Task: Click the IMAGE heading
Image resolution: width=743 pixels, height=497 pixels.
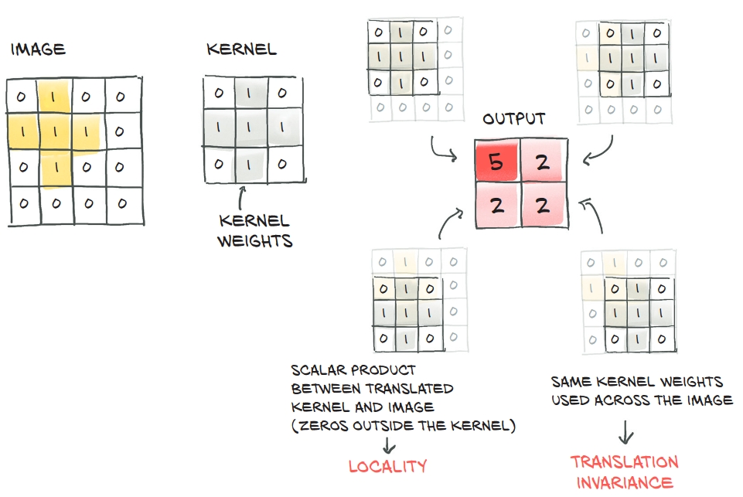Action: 38,50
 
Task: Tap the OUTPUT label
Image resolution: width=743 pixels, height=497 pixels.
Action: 514,119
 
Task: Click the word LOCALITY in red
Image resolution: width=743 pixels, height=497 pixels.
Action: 387,466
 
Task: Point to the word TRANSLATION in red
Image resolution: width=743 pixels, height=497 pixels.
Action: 625,462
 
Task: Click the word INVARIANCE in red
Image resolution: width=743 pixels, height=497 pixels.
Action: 625,483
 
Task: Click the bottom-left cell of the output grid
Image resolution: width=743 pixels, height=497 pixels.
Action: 496,206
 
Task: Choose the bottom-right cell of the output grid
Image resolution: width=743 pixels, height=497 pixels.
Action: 544,206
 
